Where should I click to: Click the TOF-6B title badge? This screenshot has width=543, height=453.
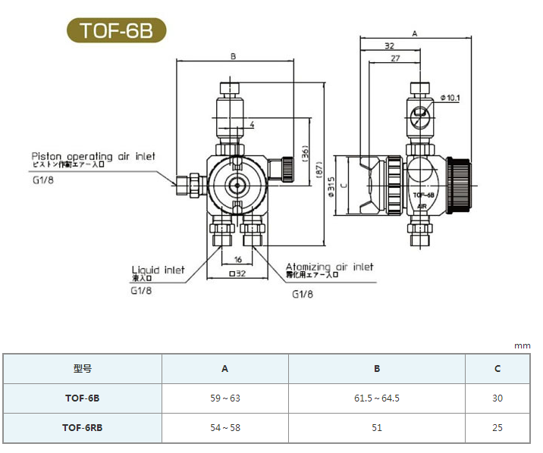(x=115, y=30)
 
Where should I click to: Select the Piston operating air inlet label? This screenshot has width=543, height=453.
(x=93, y=156)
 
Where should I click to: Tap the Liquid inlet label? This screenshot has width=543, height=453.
(x=158, y=270)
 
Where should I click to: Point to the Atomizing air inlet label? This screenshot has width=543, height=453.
(x=329, y=267)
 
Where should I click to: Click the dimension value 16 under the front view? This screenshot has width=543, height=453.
(x=237, y=260)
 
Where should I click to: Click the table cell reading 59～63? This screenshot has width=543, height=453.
(x=224, y=398)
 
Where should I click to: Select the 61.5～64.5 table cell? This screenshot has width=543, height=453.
(x=376, y=398)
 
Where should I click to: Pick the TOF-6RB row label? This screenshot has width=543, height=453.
(x=82, y=427)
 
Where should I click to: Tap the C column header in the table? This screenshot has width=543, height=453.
(x=497, y=369)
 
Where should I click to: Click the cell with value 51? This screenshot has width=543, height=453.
(x=376, y=427)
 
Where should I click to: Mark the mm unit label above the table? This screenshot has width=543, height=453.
(x=523, y=345)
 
